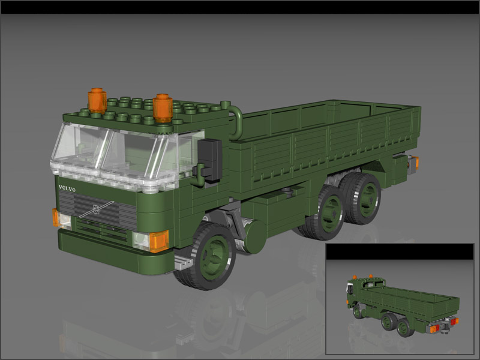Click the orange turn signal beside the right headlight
pos(159,241)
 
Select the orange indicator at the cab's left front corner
pos(56,217)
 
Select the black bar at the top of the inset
pos(400,251)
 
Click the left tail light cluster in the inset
pos(435,329)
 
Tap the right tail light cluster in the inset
pos(454,322)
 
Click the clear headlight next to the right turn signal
pos(141,241)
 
